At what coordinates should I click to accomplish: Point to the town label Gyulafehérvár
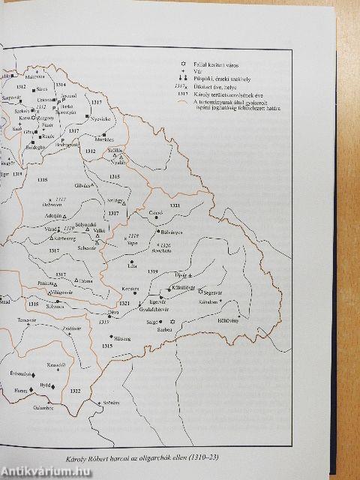coord(174,309)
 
